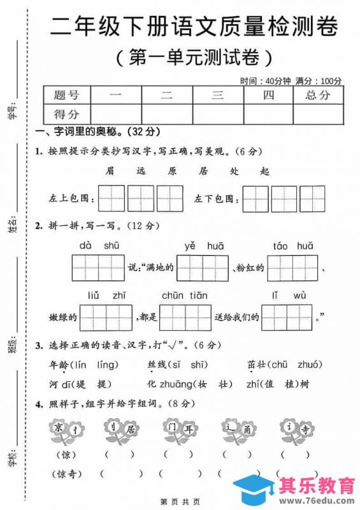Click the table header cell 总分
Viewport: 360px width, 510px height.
(318, 96)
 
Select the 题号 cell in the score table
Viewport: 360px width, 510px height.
(67, 96)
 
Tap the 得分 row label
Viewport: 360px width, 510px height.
(67, 115)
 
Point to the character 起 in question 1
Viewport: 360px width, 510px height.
(265, 171)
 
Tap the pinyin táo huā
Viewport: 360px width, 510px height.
(293, 245)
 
